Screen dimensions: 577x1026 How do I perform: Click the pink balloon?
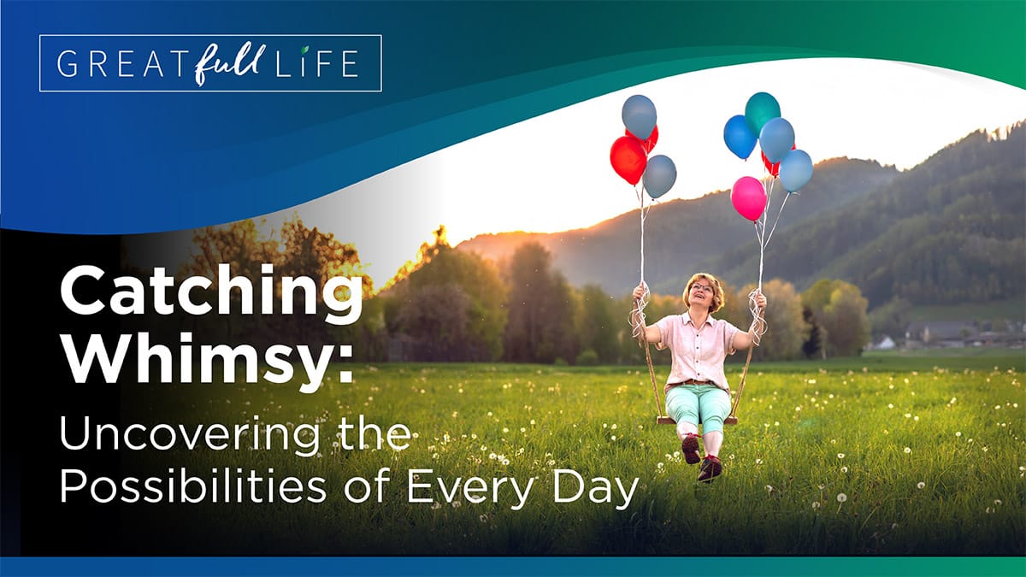pyautogui.click(x=749, y=197)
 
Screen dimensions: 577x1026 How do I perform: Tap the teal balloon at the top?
pyautogui.click(x=762, y=112)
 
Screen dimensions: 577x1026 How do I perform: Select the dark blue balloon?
pyautogui.click(x=739, y=137)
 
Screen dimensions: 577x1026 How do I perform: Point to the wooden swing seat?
pyautogui.click(x=697, y=420)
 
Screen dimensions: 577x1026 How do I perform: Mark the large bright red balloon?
pyautogui.click(x=628, y=159)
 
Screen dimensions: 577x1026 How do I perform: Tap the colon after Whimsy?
pyautogui.click(x=345, y=364)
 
